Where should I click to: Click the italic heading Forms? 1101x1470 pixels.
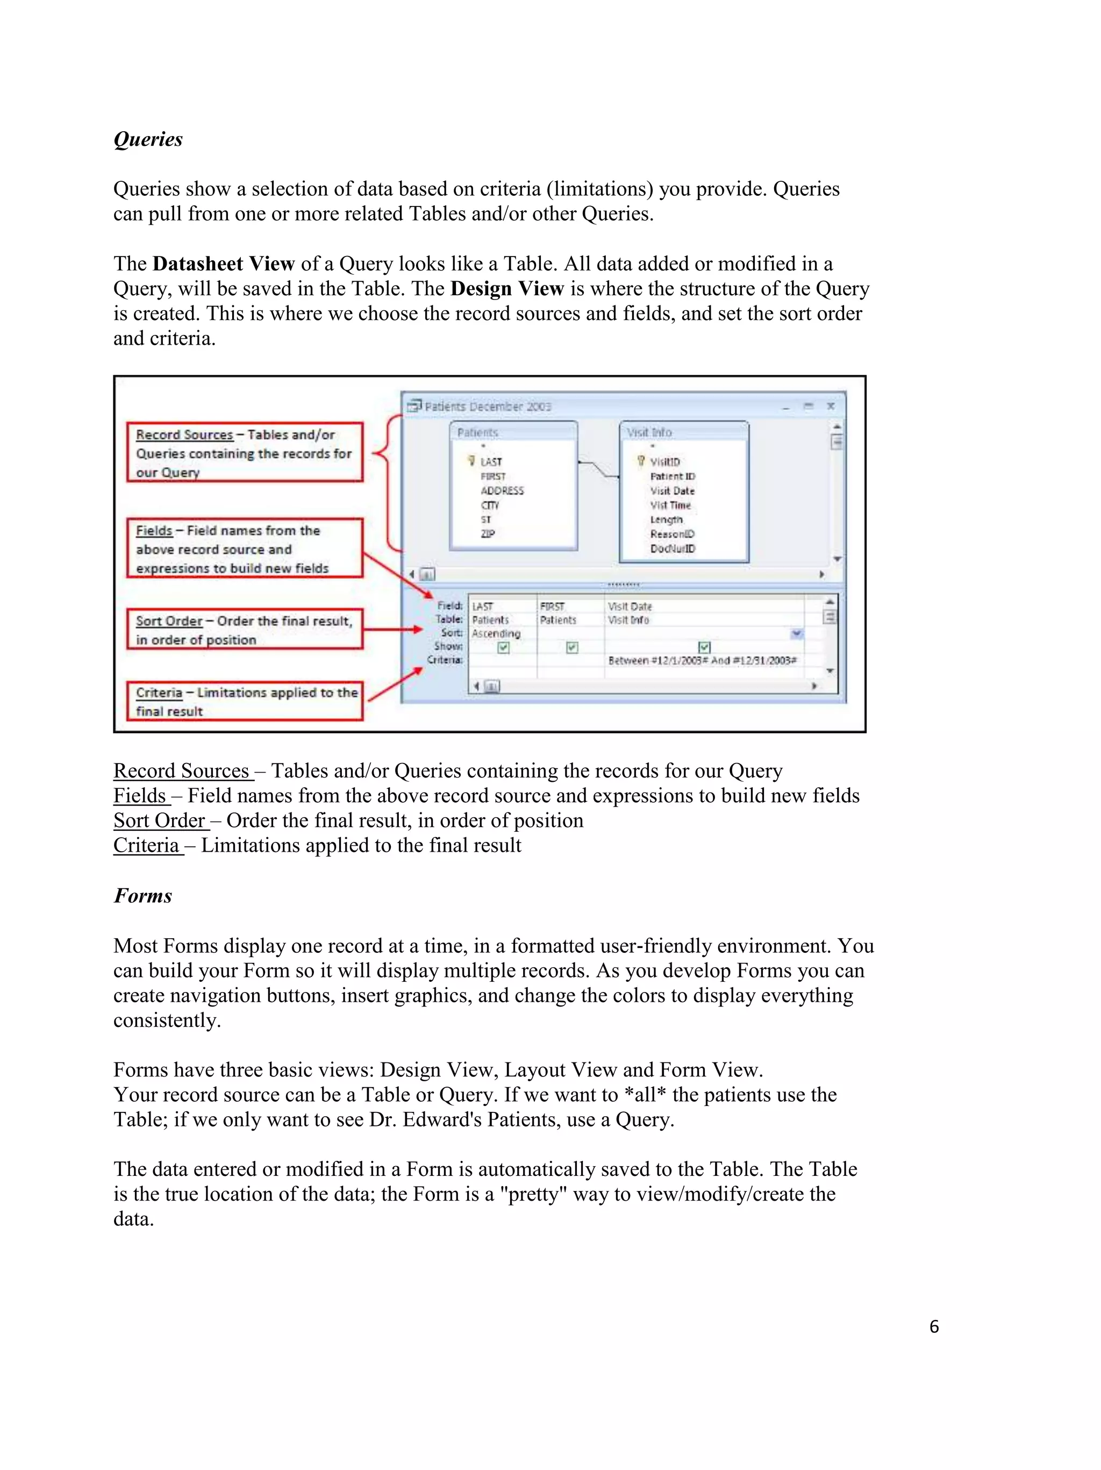143,896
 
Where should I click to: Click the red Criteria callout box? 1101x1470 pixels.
245,701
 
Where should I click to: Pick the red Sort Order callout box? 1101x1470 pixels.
245,629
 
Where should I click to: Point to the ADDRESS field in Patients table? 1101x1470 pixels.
502,491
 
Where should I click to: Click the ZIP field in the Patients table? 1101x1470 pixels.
488,533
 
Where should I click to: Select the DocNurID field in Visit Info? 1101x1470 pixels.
673,549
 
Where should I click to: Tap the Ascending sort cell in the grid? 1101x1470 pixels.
496,634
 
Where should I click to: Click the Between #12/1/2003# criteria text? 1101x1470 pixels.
702,661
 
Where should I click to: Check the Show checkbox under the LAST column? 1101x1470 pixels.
504,647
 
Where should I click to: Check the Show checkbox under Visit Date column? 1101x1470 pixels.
704,647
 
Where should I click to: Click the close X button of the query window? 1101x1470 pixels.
831,406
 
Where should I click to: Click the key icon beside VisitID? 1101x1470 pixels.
641,461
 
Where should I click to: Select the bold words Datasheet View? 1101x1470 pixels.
223,264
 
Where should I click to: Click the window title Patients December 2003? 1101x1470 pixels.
488,406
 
